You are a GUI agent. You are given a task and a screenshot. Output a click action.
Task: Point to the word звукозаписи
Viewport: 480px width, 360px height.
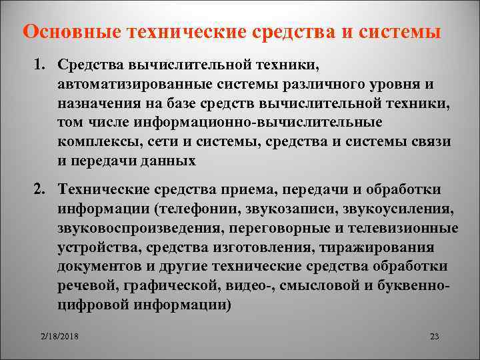point(299,210)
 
